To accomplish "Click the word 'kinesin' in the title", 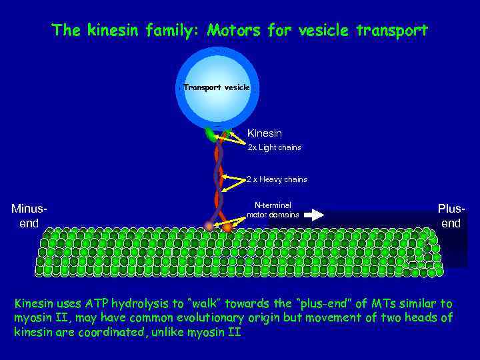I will click(110, 31).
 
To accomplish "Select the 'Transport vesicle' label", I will click(217, 87).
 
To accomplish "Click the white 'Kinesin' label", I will click(265, 133).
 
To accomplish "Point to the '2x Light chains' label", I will click(275, 147).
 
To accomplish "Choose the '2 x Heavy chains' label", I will click(277, 179).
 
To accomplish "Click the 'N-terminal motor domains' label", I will click(273, 210).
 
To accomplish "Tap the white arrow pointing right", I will click(315, 215).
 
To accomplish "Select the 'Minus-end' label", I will click(29, 216).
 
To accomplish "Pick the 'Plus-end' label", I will click(451, 216).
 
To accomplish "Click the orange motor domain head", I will click(227, 228).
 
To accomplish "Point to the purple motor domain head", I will click(210, 227).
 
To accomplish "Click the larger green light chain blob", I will click(212, 135).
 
